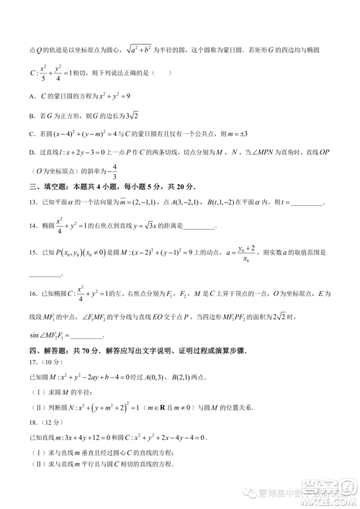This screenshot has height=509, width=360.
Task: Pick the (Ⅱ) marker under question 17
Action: click(x=36, y=407)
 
